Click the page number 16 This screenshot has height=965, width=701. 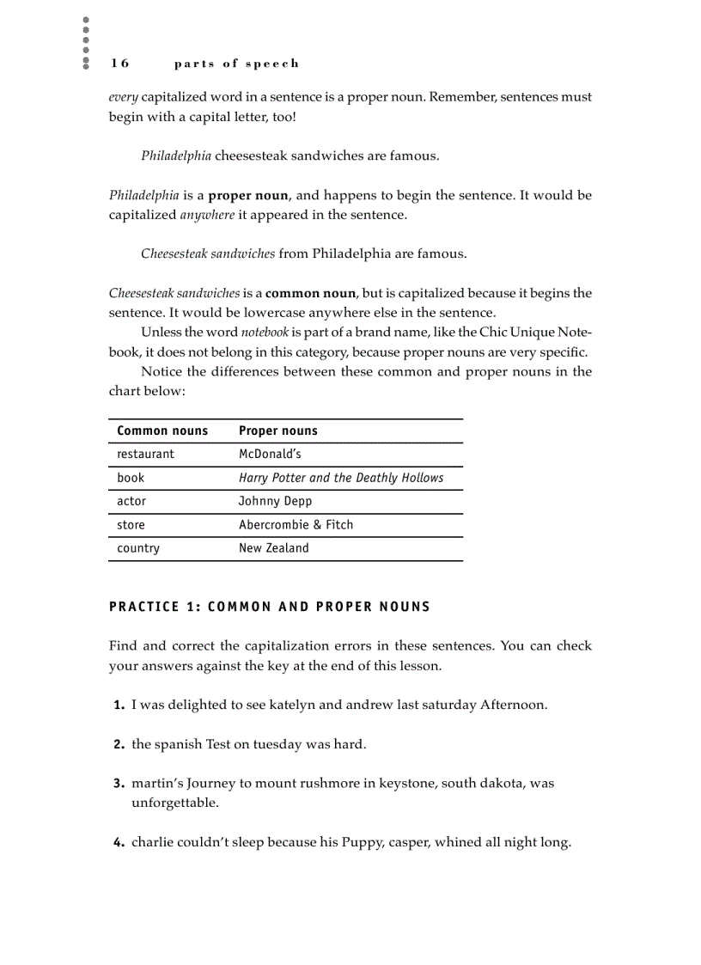(119, 64)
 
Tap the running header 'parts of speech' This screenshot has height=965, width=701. (236, 64)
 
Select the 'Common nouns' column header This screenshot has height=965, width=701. (162, 431)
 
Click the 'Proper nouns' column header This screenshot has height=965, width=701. (277, 431)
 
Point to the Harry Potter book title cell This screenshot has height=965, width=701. (340, 478)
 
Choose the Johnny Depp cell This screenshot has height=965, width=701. (275, 501)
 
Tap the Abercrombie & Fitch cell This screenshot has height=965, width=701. (296, 525)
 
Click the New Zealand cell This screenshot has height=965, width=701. (273, 548)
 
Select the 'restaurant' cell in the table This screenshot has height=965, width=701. (145, 455)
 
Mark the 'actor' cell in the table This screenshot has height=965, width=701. (131, 501)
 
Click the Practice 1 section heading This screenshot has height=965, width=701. (269, 608)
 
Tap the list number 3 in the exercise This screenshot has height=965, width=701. (119, 784)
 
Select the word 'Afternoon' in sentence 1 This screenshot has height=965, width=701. (513, 705)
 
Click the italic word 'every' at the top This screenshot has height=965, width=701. (123, 97)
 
